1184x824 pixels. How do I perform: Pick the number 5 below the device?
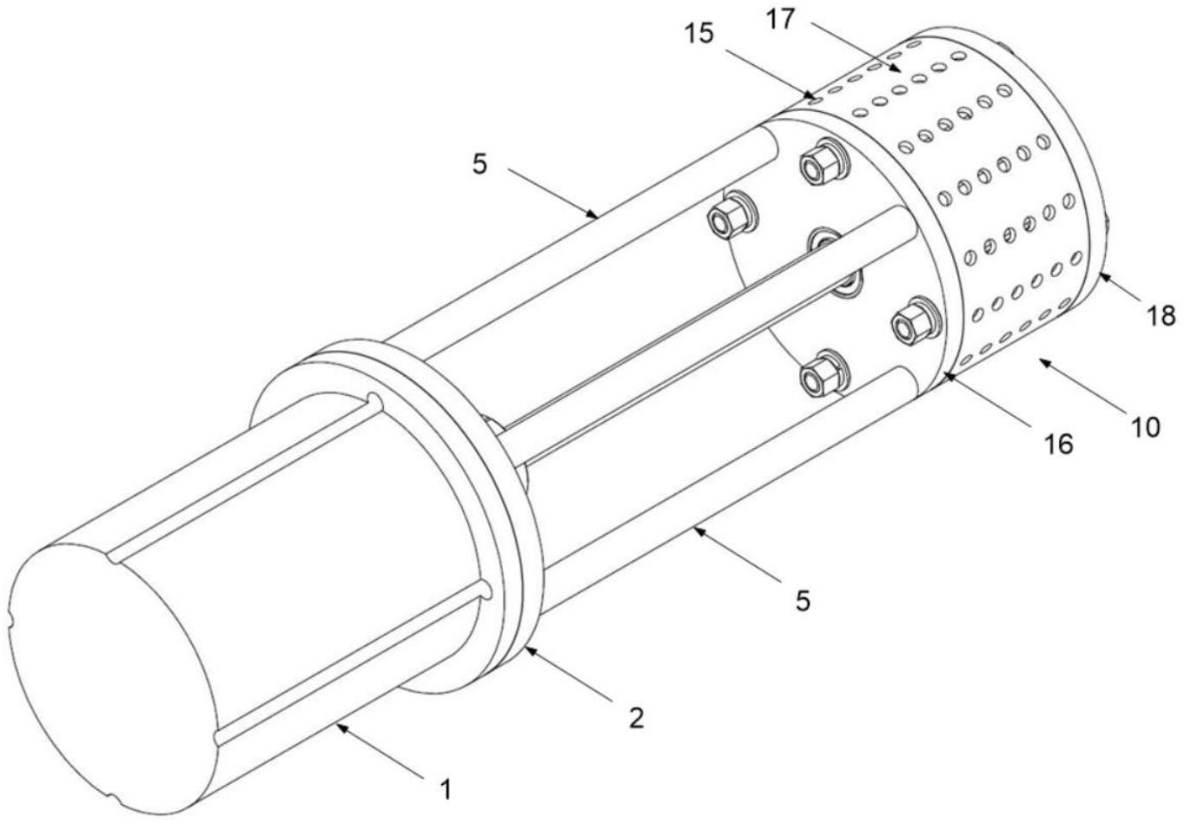[x=803, y=600]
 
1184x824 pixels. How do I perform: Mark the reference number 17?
[x=781, y=17]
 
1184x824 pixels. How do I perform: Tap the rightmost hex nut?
[x=910, y=324]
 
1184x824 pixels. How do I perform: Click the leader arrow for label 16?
[x=990, y=400]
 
